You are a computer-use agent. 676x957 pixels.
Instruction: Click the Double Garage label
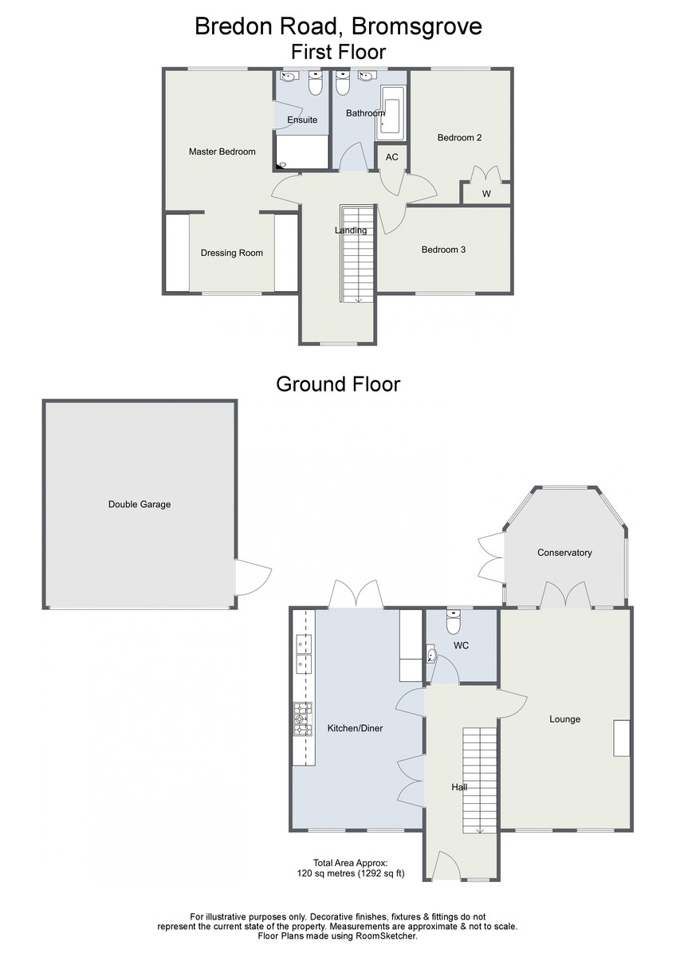click(x=140, y=504)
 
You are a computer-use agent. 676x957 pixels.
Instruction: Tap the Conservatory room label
click(x=564, y=553)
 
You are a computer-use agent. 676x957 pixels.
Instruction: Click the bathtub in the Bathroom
click(x=391, y=113)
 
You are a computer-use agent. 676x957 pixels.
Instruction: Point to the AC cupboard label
click(x=391, y=157)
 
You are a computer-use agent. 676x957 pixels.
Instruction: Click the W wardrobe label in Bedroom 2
click(x=486, y=194)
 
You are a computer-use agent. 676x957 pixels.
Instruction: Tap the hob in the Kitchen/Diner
click(x=303, y=719)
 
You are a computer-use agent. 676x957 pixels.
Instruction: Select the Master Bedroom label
click(x=222, y=152)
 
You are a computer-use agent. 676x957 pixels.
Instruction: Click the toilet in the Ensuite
click(x=315, y=83)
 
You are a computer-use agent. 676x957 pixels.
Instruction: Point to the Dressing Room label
click(x=231, y=253)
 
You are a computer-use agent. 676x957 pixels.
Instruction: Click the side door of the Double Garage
click(x=253, y=577)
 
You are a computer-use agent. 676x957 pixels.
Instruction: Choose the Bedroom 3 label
click(x=443, y=250)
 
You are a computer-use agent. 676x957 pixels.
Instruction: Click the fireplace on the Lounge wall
click(x=622, y=738)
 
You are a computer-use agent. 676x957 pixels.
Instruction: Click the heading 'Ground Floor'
click(x=338, y=384)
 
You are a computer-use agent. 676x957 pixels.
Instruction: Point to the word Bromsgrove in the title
click(x=417, y=26)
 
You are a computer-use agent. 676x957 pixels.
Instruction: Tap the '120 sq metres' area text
click(x=326, y=873)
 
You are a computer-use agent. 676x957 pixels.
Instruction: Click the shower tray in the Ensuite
click(x=302, y=152)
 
